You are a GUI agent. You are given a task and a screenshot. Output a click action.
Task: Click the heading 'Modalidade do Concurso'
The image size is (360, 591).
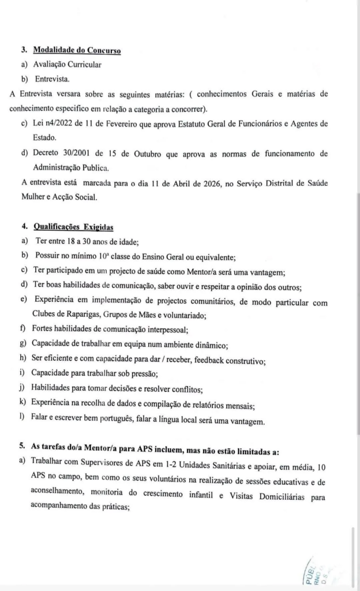[x=77, y=50]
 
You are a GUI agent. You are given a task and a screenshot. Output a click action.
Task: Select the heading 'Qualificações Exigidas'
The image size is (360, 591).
[x=73, y=227]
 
